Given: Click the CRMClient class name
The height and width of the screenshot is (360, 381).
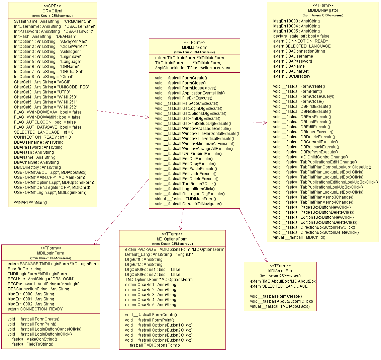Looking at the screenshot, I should tap(52, 11).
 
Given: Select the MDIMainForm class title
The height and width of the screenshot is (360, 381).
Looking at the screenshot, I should tap(194, 48).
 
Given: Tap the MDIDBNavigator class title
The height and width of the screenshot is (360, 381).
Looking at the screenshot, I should tap(323, 10).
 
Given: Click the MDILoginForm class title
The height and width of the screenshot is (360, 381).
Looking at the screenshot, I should tap(51, 253).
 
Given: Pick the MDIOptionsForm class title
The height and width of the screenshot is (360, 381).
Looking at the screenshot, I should tap(172, 239).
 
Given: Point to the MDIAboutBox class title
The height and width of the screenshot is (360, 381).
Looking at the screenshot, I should tap(280, 271).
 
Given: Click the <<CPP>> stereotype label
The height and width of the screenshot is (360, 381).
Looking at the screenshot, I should tap(52, 6).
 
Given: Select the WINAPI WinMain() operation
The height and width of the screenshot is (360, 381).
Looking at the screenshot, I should tap(30, 202).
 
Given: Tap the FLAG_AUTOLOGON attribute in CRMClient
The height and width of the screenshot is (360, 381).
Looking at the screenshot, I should tap(45, 122).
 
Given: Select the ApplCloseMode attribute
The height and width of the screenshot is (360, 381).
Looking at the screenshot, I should tap(193, 68).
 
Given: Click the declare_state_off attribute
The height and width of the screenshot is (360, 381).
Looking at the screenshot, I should tap(301, 36).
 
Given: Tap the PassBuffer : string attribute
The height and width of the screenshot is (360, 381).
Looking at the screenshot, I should tap(24, 269).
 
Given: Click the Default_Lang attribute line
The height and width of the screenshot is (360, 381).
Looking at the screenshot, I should tap(159, 255).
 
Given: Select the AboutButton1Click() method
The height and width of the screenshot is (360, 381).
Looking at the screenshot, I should tap(281, 301).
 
